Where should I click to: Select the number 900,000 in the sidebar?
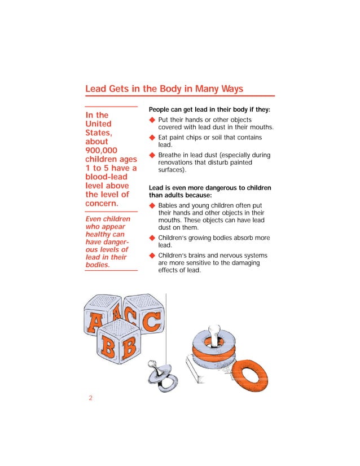(x=101, y=150)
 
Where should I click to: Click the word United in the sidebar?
(x=98, y=124)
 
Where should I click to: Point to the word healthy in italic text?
(x=100, y=234)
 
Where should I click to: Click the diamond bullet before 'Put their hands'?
(x=151, y=120)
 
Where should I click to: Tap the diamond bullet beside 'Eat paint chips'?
(x=151, y=138)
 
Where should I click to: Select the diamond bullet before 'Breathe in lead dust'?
(x=151, y=155)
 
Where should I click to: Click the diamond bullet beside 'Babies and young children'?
(x=151, y=205)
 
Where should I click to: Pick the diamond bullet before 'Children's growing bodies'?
(x=151, y=238)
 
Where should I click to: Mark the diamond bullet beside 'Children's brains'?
(x=151, y=256)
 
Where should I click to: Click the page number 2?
(x=90, y=398)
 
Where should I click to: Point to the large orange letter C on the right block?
(x=150, y=323)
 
